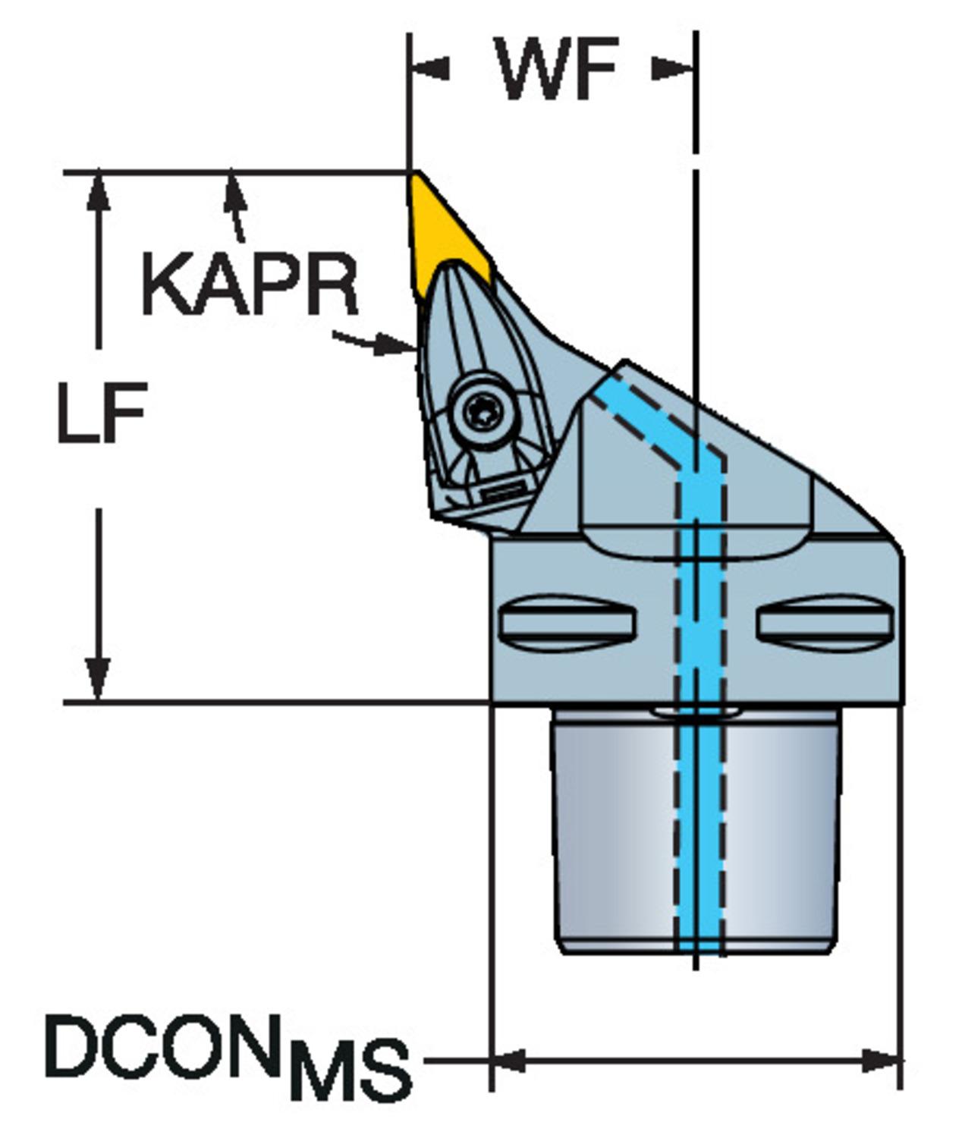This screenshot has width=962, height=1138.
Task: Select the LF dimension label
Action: [101, 414]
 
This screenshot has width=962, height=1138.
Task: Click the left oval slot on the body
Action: [567, 623]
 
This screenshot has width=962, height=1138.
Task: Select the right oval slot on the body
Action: [823, 623]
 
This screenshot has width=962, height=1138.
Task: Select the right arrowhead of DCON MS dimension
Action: [882, 1060]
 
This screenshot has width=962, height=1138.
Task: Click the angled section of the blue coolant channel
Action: [645, 425]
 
